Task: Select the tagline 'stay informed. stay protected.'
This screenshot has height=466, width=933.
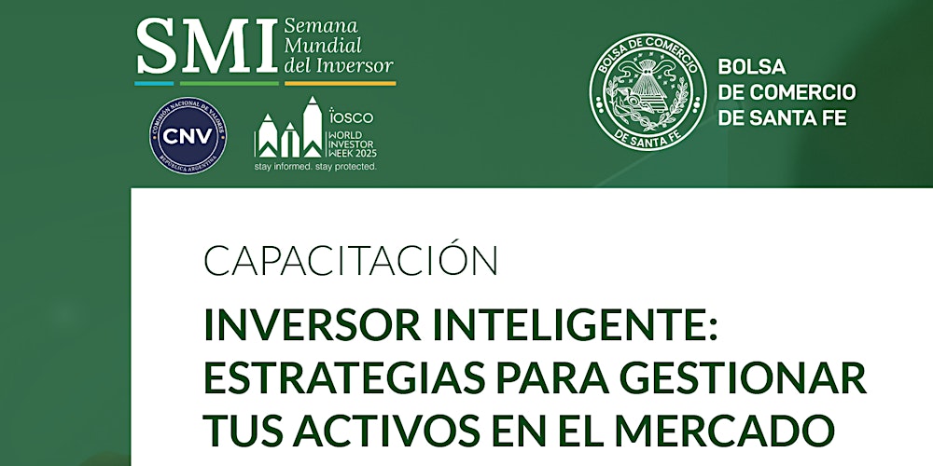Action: (x=315, y=167)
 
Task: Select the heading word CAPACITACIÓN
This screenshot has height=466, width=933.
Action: (x=350, y=262)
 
